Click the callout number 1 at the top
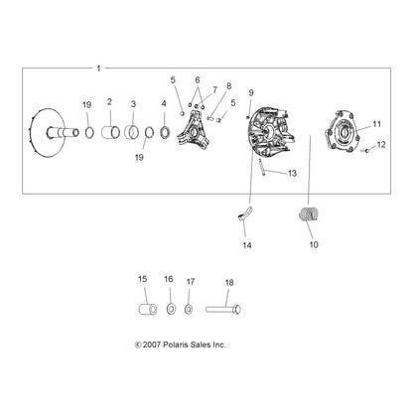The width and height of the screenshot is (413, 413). click(x=98, y=69)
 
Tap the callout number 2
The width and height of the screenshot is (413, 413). click(x=109, y=102)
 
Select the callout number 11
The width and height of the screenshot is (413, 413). click(x=377, y=124)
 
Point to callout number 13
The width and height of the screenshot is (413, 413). click(x=292, y=173)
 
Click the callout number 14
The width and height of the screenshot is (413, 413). click(x=247, y=245)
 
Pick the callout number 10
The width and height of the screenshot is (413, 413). click(x=314, y=244)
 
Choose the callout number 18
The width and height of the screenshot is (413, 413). click(x=229, y=283)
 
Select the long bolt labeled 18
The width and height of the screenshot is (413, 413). click(x=223, y=310)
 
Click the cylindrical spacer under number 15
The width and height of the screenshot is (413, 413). click(x=147, y=309)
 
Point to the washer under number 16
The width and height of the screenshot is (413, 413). click(x=171, y=310)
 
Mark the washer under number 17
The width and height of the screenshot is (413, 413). click(x=189, y=310)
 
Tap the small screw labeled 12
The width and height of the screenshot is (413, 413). click(x=365, y=151)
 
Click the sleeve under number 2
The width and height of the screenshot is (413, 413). click(x=111, y=133)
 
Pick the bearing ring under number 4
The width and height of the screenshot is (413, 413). click(x=165, y=132)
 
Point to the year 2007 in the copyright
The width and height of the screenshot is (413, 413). click(x=152, y=344)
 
